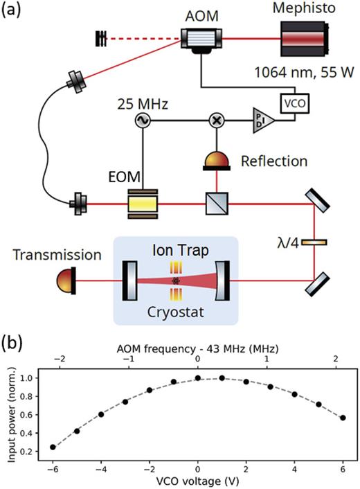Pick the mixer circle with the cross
point(215,120)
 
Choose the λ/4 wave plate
point(314,242)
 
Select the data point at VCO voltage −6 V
point(53,447)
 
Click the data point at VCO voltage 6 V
point(343,418)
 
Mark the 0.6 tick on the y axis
point(31,414)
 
